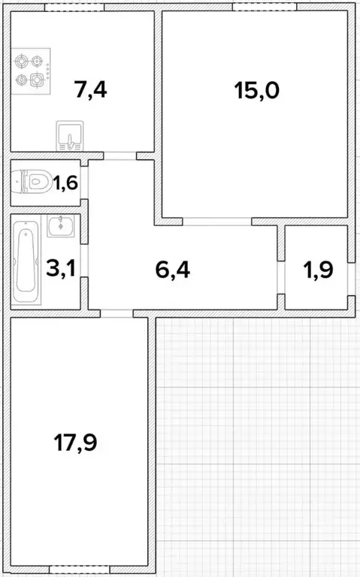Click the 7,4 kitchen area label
[x=90, y=90]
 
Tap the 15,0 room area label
[x=257, y=90]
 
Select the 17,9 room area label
[x=76, y=443]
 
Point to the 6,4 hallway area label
[x=173, y=270]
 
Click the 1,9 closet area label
[x=319, y=270]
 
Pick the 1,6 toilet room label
[x=65, y=183]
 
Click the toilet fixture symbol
[x=32, y=181]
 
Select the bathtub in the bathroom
[x=26, y=261]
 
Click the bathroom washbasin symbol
[x=61, y=225]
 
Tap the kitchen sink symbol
[x=70, y=136]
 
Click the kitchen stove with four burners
[x=31, y=71]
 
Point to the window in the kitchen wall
[x=74, y=8]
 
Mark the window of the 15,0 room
[x=265, y=8]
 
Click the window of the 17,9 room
[x=79, y=569]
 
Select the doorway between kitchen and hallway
[x=120, y=156]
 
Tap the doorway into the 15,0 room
[x=217, y=221]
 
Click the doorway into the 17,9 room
[x=116, y=313]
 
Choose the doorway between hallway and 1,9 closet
[x=281, y=277]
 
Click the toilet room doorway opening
[x=84, y=183]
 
